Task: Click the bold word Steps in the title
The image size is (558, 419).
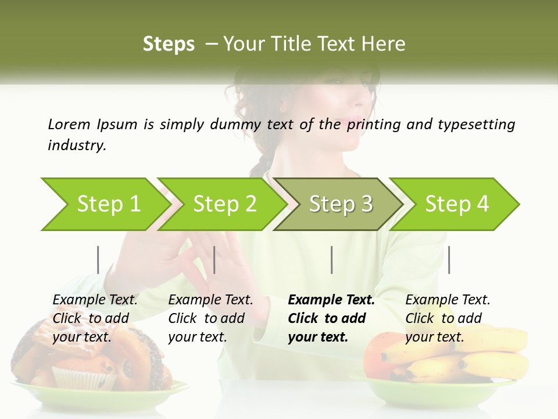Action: [169, 44]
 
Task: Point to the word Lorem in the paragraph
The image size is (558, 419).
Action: [69, 124]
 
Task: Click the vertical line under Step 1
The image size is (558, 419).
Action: [98, 260]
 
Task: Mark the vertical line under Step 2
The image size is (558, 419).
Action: [214, 260]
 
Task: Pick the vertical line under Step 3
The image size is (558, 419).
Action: [332, 260]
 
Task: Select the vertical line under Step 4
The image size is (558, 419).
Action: [449, 260]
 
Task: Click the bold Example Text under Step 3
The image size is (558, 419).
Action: [331, 300]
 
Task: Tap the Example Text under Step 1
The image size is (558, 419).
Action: [95, 300]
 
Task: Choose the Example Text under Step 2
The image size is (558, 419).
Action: [210, 300]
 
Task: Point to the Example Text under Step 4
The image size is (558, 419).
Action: [448, 300]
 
